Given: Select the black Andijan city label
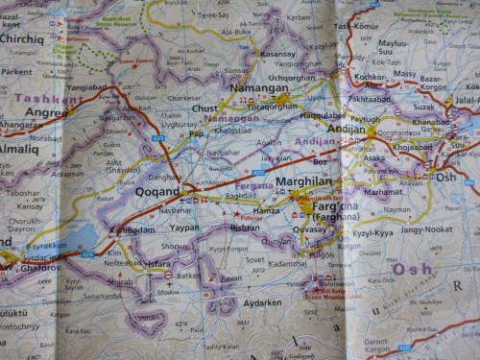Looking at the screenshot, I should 347,128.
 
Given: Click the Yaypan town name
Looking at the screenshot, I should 183,228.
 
